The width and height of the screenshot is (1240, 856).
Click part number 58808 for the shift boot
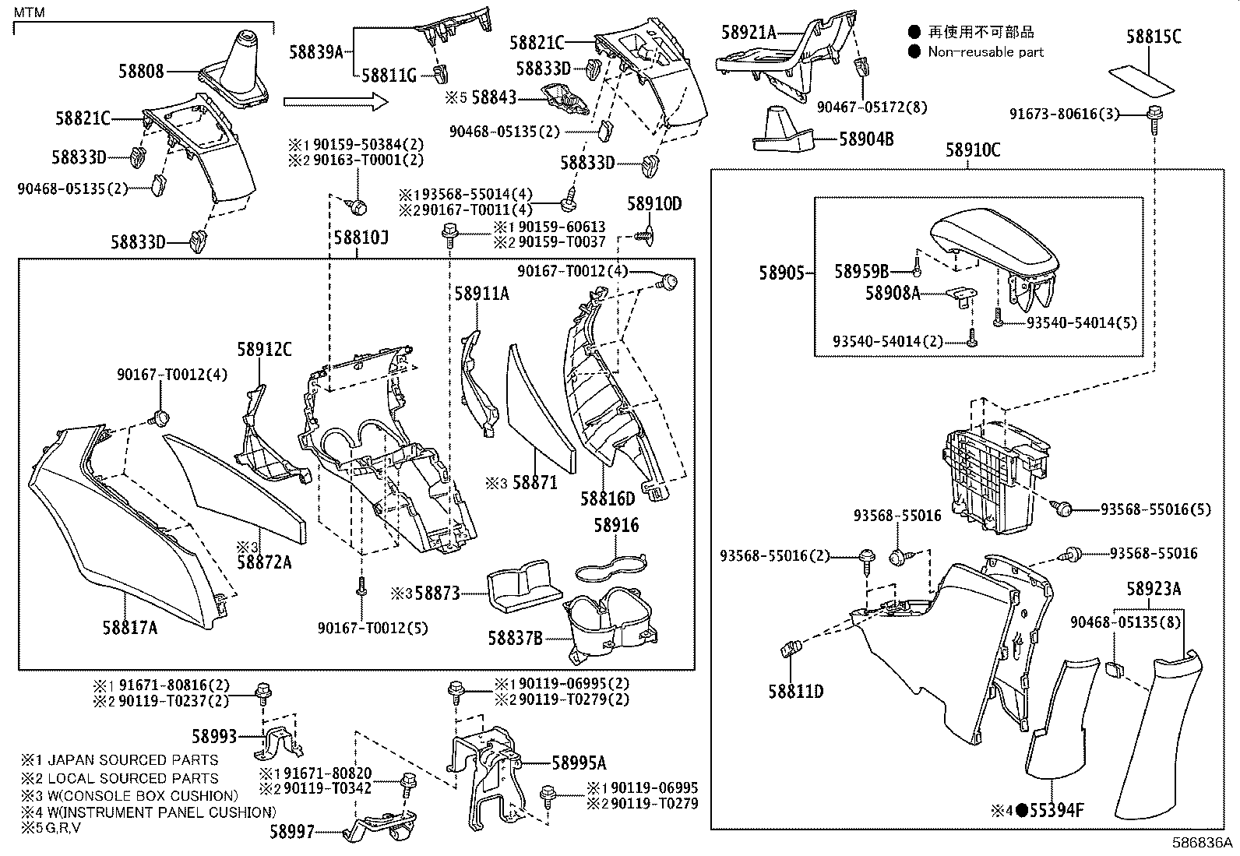pyautogui.click(x=141, y=71)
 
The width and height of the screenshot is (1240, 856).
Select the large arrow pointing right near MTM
pyautogui.click(x=335, y=101)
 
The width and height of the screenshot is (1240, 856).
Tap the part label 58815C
pyautogui.click(x=1154, y=37)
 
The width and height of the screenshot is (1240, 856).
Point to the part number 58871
pyautogui.click(x=534, y=483)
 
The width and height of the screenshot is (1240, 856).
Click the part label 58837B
pyautogui.click(x=515, y=639)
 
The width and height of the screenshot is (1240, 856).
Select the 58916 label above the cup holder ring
pyautogui.click(x=616, y=526)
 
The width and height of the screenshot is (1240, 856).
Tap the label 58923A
pyautogui.click(x=1153, y=590)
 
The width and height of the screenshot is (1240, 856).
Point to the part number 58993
pyautogui.click(x=214, y=735)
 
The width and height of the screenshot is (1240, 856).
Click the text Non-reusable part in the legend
pyautogui.click(x=985, y=52)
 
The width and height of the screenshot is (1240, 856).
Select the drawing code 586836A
pyautogui.click(x=1203, y=844)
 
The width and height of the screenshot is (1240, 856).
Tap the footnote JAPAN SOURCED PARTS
pyautogui.click(x=132, y=760)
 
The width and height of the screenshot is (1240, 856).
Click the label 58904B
pyautogui.click(x=866, y=139)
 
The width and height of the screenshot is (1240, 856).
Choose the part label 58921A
pyautogui.click(x=749, y=32)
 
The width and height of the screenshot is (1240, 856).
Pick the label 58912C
pyautogui.click(x=264, y=351)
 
